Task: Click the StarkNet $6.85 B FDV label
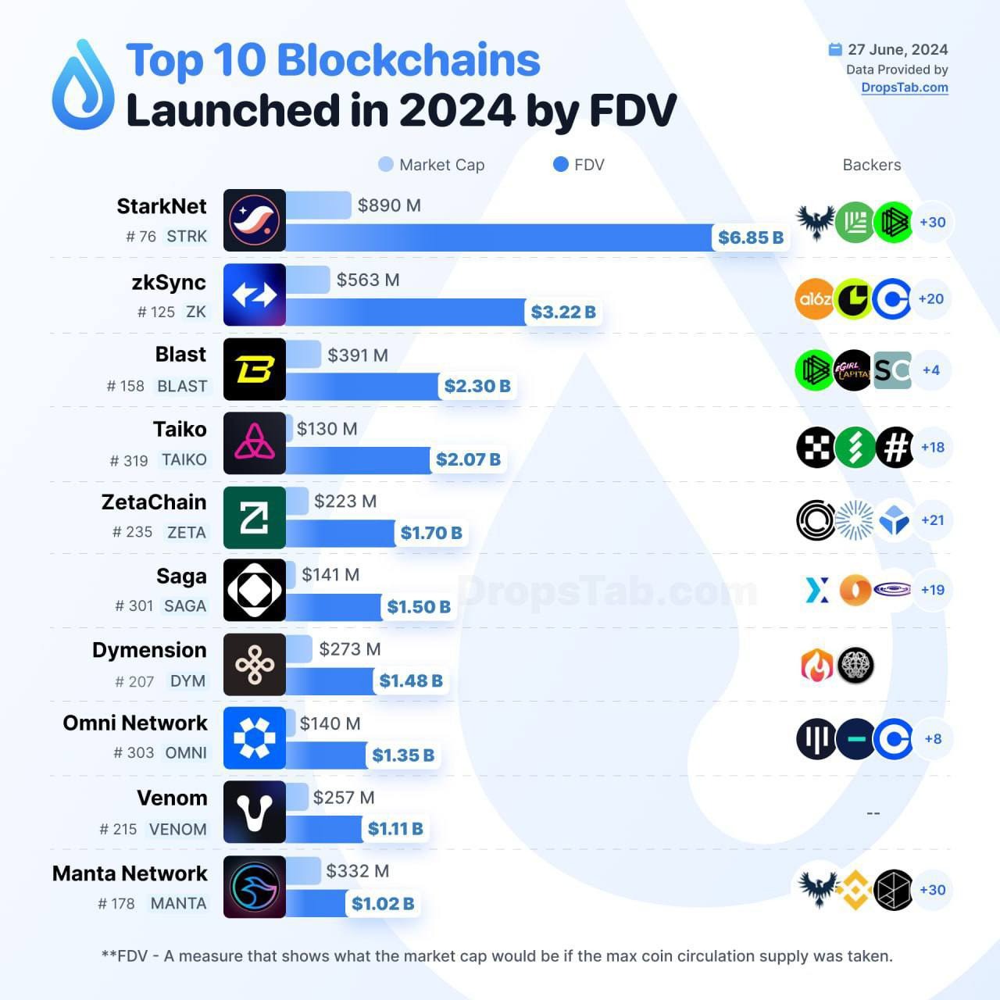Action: [x=751, y=237]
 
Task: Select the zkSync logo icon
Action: [x=255, y=295]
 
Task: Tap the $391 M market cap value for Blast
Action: [x=358, y=355]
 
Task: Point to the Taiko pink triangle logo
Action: [x=255, y=443]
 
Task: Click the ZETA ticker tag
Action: [x=187, y=533]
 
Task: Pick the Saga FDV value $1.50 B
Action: [x=419, y=607]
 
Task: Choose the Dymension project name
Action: [x=149, y=650]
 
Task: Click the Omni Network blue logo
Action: [x=255, y=738]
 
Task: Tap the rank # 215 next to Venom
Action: [x=118, y=829]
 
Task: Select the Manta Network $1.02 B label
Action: [x=383, y=904]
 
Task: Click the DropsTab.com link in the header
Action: [x=905, y=87]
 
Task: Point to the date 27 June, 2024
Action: [x=898, y=49]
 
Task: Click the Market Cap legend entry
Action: [x=432, y=165]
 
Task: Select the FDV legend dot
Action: [x=560, y=164]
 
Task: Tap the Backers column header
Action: [x=872, y=165]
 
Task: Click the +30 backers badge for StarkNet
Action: [x=932, y=222]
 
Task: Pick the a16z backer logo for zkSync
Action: [x=815, y=298]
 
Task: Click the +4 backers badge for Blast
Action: [x=930, y=370]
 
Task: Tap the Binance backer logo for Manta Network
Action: [x=854, y=890]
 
